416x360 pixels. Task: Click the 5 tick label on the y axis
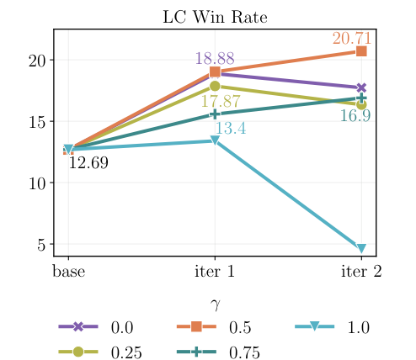[40, 245]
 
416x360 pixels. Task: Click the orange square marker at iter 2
[361, 51]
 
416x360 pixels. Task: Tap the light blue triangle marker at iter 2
[361, 249]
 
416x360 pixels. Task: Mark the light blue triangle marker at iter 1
[215, 141]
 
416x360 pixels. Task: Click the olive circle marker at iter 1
[215, 86]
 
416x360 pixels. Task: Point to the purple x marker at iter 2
[361, 88]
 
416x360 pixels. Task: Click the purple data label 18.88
[215, 59]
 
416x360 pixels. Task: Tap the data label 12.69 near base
[88, 163]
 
